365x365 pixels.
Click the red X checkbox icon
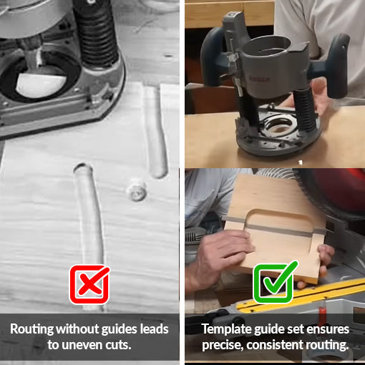89,284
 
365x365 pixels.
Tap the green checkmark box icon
274,283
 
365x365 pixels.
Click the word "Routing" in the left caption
32,329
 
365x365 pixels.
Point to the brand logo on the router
259,79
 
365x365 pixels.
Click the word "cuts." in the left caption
118,345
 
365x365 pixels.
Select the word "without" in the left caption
78,329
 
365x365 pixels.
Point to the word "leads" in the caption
155,329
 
